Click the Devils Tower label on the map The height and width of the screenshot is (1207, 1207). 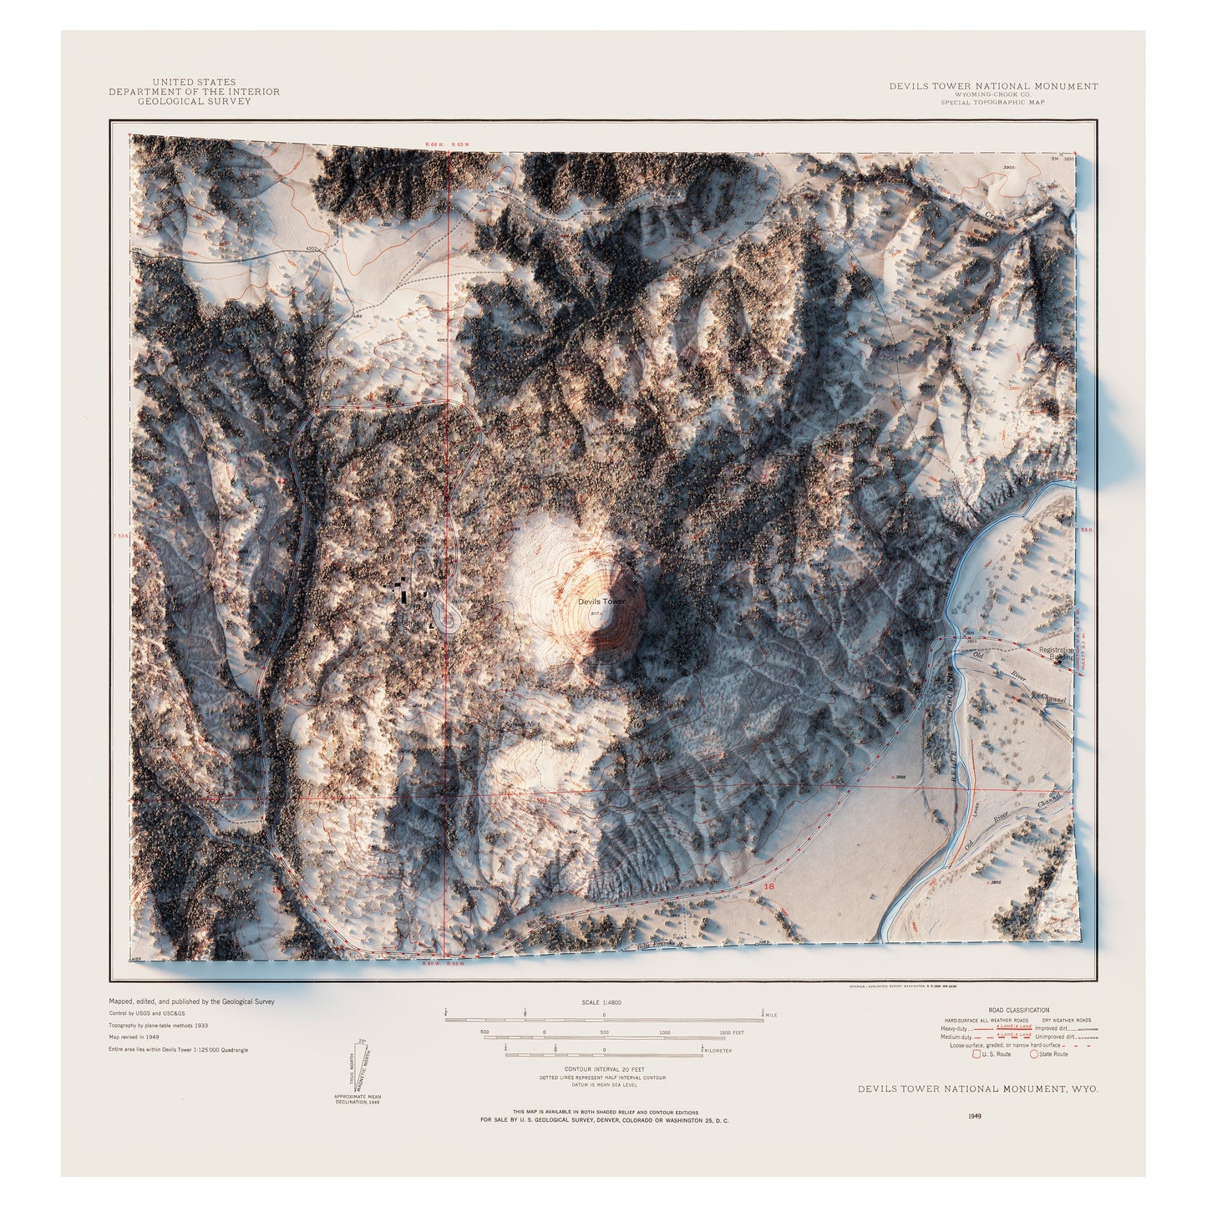point(601,601)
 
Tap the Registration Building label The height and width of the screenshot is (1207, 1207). point(1057,653)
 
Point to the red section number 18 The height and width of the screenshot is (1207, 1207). point(769,886)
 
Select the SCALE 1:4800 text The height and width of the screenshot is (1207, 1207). point(601,1002)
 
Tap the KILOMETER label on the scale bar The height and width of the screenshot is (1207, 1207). point(718,1051)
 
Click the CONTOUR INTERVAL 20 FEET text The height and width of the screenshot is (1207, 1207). point(604,1069)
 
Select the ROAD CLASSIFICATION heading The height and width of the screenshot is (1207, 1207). point(1018,1010)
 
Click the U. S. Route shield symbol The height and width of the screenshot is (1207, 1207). point(976,1054)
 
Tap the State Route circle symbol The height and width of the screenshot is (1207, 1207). point(1034,1054)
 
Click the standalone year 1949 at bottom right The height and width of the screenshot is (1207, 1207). point(975,1115)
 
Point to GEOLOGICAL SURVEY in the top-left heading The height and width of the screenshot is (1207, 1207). point(194,101)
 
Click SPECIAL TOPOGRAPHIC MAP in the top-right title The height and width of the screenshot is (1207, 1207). point(992,103)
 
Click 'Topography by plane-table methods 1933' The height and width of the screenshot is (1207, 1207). point(158,1025)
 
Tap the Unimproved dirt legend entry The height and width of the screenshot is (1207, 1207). point(1057,1037)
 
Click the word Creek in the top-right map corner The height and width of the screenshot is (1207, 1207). point(995,217)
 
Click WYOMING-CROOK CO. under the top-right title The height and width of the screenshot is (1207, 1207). point(992,94)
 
